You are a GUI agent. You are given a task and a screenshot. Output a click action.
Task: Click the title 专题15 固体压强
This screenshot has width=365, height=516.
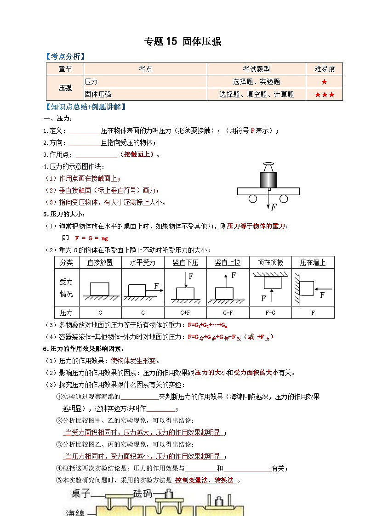pyautogui.click(x=182, y=42)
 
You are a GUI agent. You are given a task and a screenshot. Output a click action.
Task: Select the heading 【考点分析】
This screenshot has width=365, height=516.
pyautogui.click(x=65, y=57)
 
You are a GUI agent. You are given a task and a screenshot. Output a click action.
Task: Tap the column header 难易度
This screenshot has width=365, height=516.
pyautogui.click(x=325, y=69)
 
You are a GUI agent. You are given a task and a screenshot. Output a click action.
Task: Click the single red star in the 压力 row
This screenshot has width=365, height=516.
pyautogui.click(x=325, y=82)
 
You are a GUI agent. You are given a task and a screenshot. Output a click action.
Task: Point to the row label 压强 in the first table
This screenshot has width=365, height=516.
pyautogui.click(x=65, y=88)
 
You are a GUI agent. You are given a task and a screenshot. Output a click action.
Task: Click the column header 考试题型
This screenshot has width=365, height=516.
pyautogui.click(x=257, y=69)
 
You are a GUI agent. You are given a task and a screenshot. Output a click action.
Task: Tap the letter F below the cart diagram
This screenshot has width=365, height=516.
pyautogui.click(x=274, y=207)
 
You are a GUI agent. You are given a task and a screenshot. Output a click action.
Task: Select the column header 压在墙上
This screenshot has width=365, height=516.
pyautogui.click(x=313, y=263)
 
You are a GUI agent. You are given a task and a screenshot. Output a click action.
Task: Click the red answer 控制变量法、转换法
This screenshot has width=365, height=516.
pyautogui.click(x=204, y=480)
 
